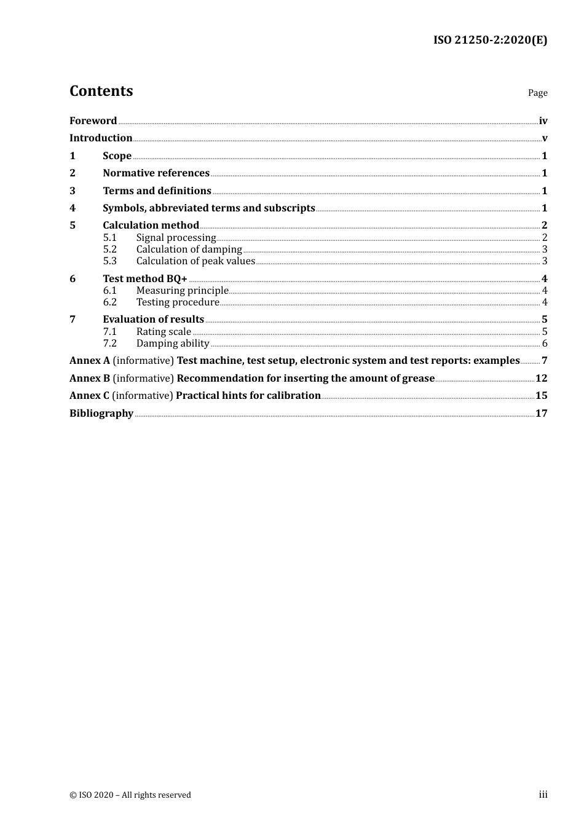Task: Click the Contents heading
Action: (101, 91)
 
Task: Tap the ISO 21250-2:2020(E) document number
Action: (490, 40)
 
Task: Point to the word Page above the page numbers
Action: (537, 93)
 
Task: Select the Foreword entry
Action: (93, 121)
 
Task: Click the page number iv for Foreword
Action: (543, 121)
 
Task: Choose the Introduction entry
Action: (101, 138)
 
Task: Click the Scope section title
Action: (117, 156)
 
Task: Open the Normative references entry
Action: (156, 173)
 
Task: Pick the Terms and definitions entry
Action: (157, 191)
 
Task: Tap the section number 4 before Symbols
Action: (73, 208)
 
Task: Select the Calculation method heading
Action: (151, 226)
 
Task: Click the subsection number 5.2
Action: (110, 250)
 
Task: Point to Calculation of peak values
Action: (195, 261)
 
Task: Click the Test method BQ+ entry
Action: (145, 279)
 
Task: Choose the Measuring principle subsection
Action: (182, 291)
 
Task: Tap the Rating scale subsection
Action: (164, 332)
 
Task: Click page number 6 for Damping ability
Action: (545, 344)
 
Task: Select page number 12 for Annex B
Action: (541, 379)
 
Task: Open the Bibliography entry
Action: (101, 414)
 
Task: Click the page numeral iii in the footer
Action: (543, 795)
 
